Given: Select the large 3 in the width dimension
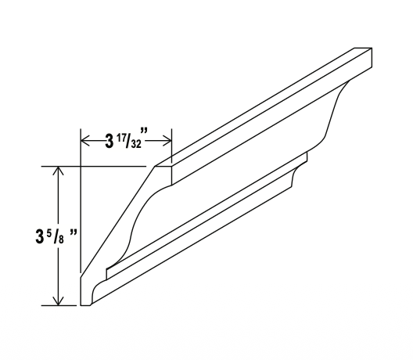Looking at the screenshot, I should [x=110, y=142].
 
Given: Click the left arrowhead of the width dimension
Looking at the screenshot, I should [x=85, y=142].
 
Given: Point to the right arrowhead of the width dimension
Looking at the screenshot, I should [x=167, y=142].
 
